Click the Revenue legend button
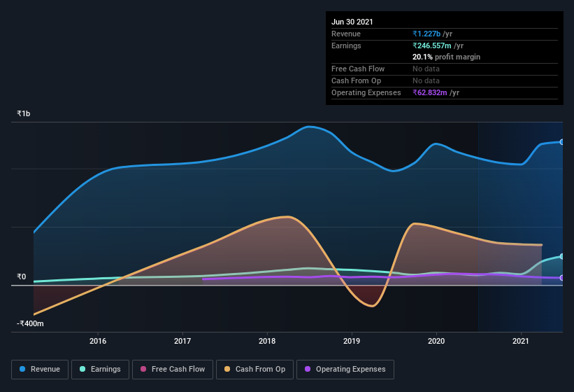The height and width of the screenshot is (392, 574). pos(41,369)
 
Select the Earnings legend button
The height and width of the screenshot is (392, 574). pos(100,369)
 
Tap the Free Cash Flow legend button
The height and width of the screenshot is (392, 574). pos(172,369)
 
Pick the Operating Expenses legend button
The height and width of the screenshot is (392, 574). pos(345,369)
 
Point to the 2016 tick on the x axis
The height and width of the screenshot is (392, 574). pos(98,341)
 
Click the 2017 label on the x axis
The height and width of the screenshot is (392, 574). pos(182,341)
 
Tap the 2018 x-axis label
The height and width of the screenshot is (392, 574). pos(267,341)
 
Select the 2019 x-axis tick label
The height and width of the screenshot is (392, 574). pos(352,341)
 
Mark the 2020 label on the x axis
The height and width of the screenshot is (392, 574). pos(436,341)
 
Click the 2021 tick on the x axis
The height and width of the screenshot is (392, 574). pos(521,341)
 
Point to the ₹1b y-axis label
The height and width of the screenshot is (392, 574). pos(24,113)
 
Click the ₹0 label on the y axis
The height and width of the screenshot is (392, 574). pos(22,276)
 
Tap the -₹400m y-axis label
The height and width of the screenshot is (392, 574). pos(31,323)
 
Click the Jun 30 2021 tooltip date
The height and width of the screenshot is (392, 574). pos(352,22)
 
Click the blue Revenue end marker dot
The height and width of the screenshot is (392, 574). pos(561,142)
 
